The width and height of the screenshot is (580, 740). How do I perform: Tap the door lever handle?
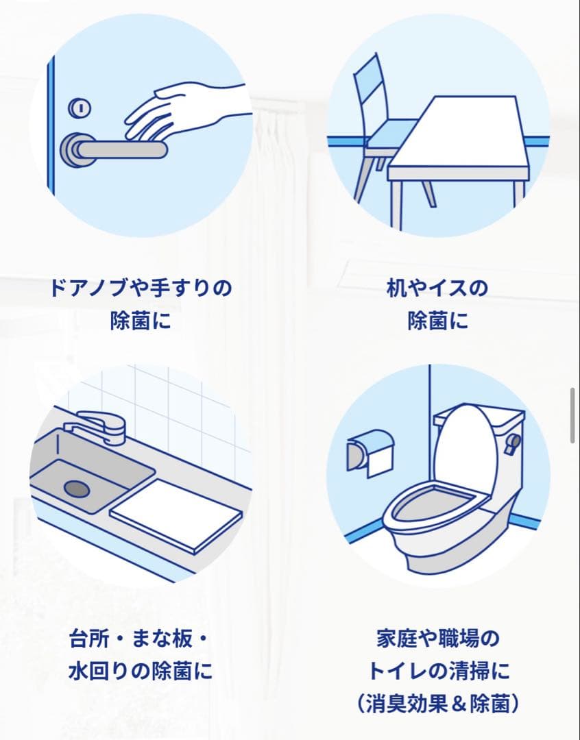[117, 149]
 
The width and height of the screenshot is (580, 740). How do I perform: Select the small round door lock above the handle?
[80, 108]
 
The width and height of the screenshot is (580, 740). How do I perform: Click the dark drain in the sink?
[76, 488]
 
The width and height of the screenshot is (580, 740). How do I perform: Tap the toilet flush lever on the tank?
[513, 442]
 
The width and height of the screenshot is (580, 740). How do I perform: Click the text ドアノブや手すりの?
[141, 287]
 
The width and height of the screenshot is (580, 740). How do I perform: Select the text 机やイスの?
[437, 287]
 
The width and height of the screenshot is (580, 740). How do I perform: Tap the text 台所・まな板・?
[139, 639]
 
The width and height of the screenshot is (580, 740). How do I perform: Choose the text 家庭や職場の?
[438, 639]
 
